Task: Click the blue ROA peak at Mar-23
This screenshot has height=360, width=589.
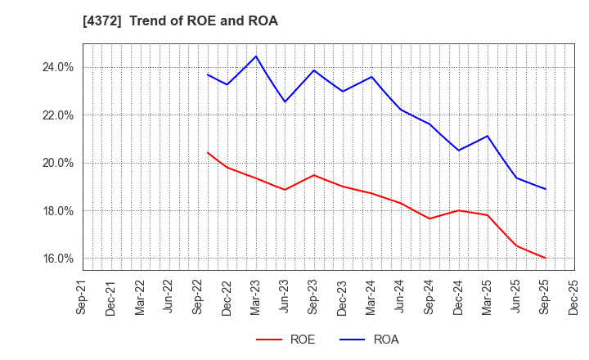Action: (x=256, y=56)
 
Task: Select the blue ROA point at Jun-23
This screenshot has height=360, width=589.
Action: (x=285, y=101)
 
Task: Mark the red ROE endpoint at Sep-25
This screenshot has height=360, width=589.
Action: (x=545, y=258)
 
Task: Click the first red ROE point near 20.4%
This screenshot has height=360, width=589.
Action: (x=208, y=152)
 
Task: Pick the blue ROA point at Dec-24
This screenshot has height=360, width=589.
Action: (x=458, y=150)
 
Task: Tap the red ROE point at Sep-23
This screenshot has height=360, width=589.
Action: (x=314, y=175)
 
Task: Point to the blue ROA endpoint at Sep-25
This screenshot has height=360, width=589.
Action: (x=545, y=189)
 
